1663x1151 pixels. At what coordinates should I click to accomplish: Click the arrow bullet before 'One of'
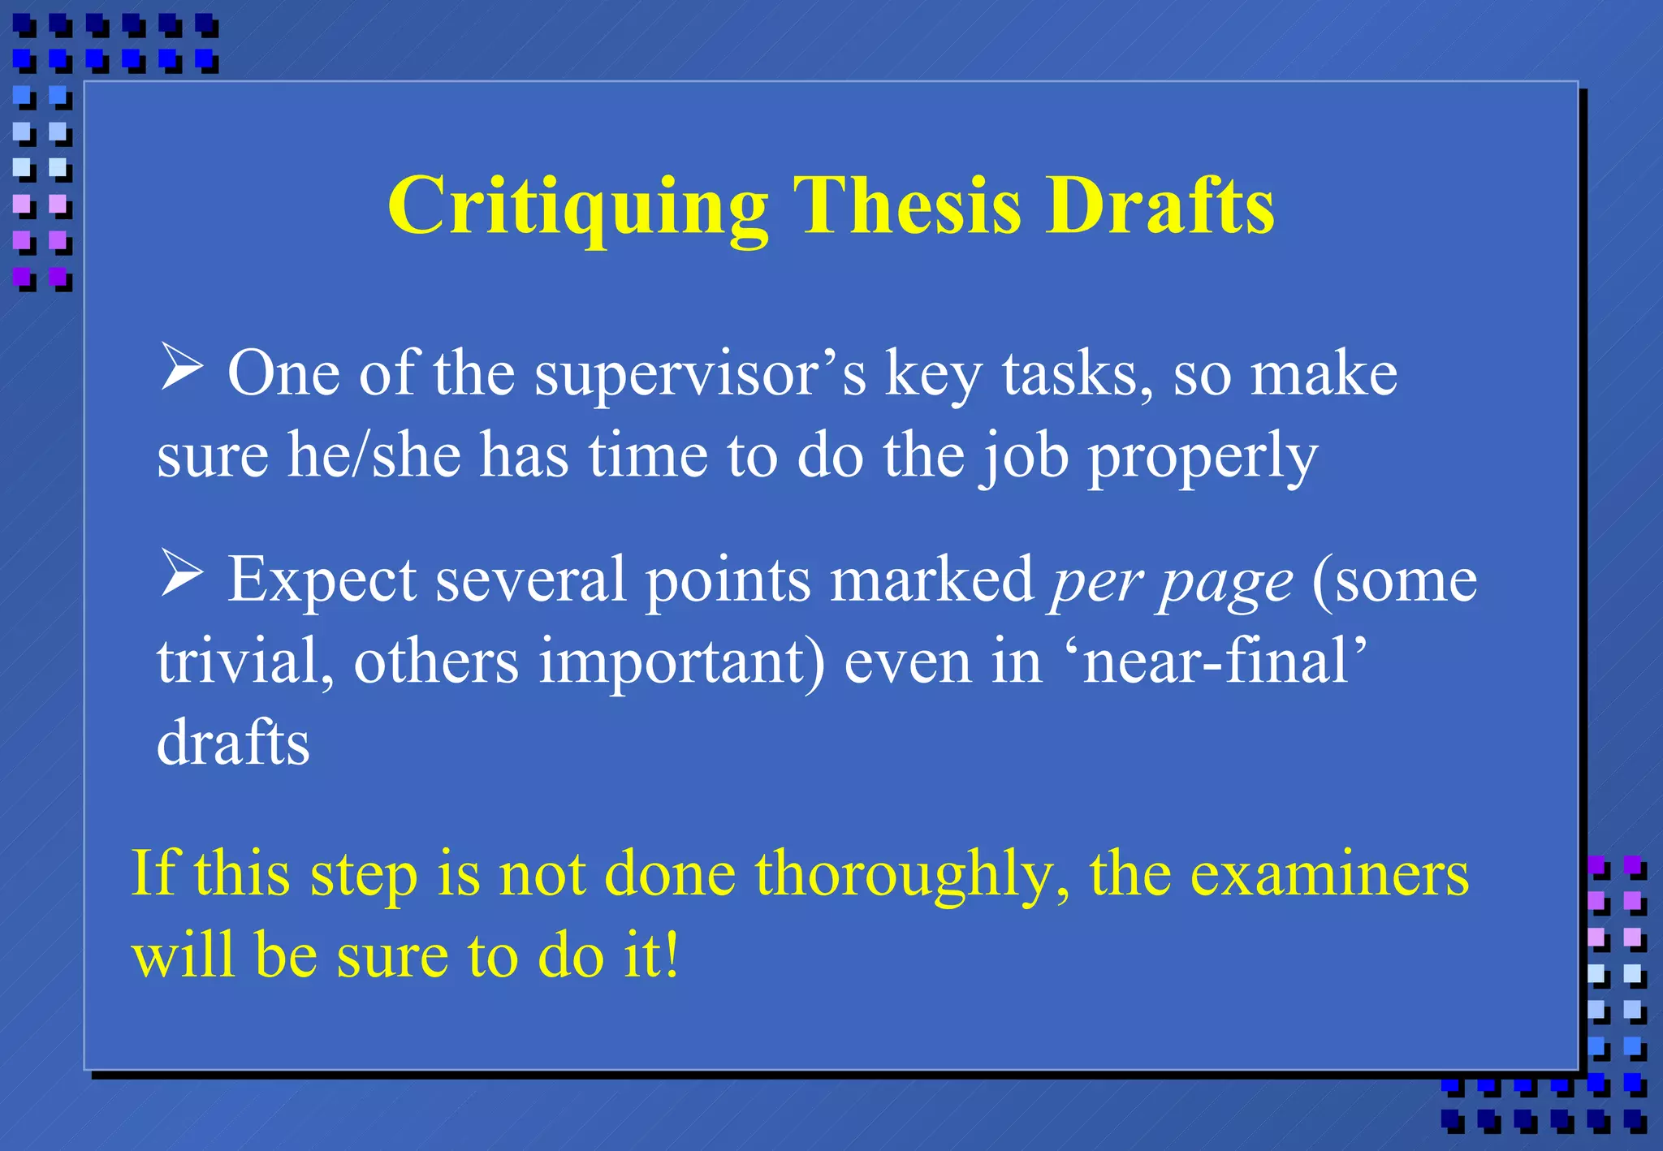click(181, 367)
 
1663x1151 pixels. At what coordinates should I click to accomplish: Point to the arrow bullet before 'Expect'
click(181, 573)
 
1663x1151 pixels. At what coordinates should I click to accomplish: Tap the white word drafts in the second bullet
click(233, 742)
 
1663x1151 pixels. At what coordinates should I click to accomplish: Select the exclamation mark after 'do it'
click(672, 955)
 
